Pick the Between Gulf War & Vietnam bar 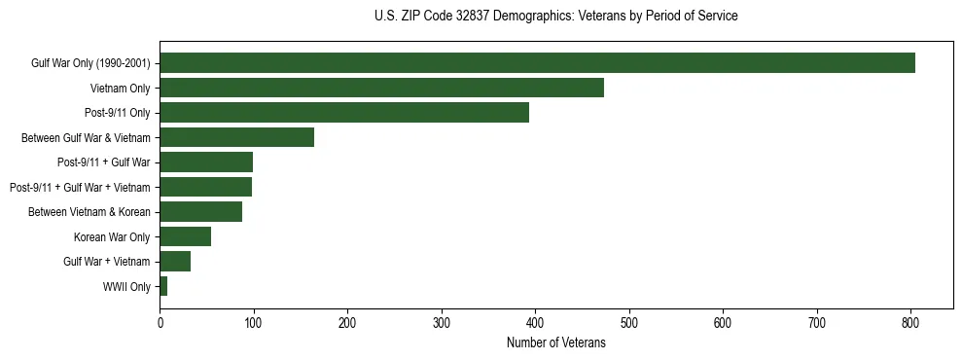pyautogui.click(x=236, y=137)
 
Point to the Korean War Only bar pyautogui.click(x=185, y=236)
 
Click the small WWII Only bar pyautogui.click(x=163, y=286)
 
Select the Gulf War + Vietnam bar pyautogui.click(x=175, y=262)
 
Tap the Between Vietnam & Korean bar pyautogui.click(x=200, y=212)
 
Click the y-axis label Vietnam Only pyautogui.click(x=120, y=89)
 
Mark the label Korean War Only pyautogui.click(x=112, y=237)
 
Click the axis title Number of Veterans pyautogui.click(x=555, y=343)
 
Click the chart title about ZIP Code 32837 pyautogui.click(x=555, y=17)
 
